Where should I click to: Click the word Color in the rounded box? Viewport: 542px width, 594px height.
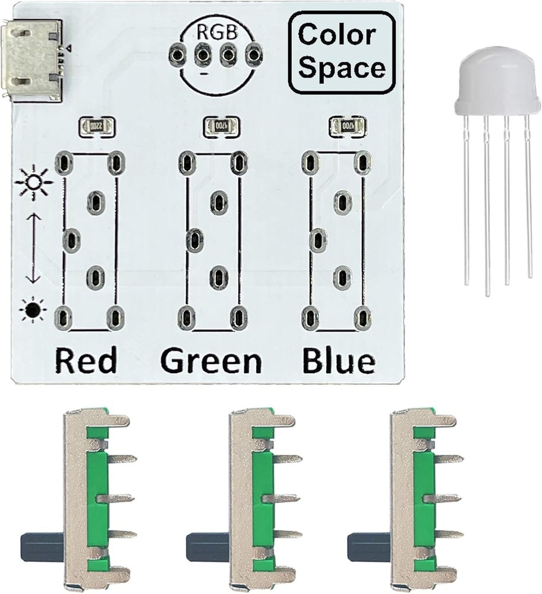(x=336, y=35)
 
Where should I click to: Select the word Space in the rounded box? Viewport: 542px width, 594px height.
(x=342, y=68)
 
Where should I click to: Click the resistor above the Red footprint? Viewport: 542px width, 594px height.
(x=96, y=126)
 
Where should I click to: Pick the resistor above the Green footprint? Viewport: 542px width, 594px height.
(x=220, y=126)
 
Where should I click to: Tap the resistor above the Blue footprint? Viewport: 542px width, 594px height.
(x=346, y=126)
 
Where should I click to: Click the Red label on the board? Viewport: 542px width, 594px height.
(x=86, y=360)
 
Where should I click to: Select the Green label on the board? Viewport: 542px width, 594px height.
(x=211, y=360)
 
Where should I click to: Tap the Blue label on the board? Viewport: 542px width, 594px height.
(x=339, y=360)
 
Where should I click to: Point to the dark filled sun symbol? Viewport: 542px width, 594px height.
(x=33, y=309)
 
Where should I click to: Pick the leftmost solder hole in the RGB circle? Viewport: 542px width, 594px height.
(x=176, y=56)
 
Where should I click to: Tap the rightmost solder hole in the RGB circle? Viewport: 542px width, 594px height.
(x=255, y=56)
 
